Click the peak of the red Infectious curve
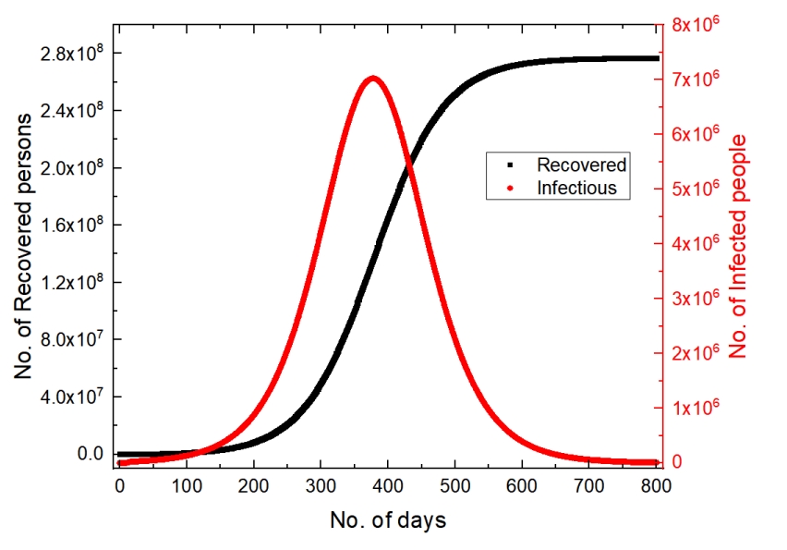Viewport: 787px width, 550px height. pyautogui.click(x=372, y=79)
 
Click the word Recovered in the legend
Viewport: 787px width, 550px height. pyautogui.click(x=581, y=165)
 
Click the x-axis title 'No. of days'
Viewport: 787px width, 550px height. pyautogui.click(x=388, y=520)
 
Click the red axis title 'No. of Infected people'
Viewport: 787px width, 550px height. pyautogui.click(x=737, y=246)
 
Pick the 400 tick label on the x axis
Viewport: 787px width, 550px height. pyautogui.click(x=387, y=484)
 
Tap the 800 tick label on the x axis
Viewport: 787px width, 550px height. pyautogui.click(x=654, y=484)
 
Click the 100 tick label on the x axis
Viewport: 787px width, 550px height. pyautogui.click(x=187, y=484)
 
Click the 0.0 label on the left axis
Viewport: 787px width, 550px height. pyautogui.click(x=87, y=454)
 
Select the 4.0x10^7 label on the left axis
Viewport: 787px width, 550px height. pyautogui.click(x=71, y=397)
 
